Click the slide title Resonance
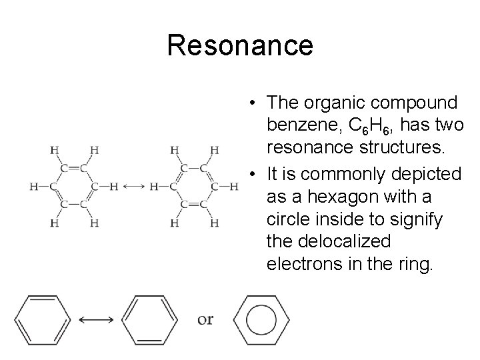(x=240, y=45)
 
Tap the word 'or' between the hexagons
(x=206, y=319)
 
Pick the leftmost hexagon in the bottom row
(x=41, y=319)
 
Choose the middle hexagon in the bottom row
(x=151, y=319)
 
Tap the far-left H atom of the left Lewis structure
(x=33, y=186)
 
